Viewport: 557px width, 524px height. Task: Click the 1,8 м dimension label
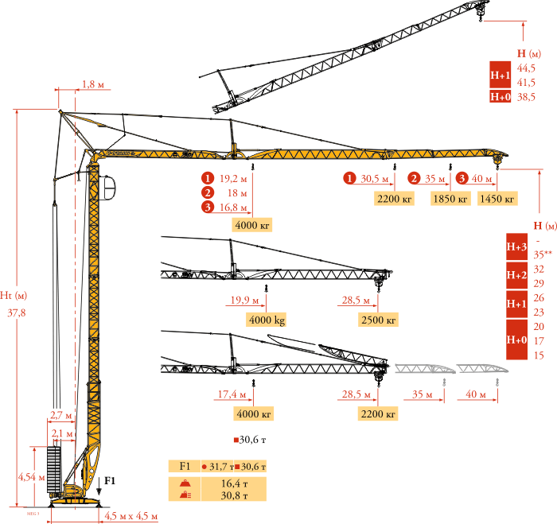(x=93, y=84)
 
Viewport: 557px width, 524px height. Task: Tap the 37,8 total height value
(x=17, y=312)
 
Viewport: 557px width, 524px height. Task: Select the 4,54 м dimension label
(x=32, y=477)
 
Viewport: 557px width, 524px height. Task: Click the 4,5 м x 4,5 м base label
(x=130, y=516)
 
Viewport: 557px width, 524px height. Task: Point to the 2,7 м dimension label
(x=61, y=415)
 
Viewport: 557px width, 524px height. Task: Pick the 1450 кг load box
(x=497, y=199)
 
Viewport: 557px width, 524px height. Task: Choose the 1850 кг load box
(x=450, y=199)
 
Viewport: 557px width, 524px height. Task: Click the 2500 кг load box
(x=378, y=320)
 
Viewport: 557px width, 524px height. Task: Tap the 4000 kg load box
(x=267, y=320)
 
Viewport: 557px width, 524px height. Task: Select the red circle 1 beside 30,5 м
(x=349, y=178)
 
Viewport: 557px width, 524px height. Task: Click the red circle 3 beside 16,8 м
(x=208, y=207)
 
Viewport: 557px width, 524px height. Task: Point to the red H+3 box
(x=516, y=246)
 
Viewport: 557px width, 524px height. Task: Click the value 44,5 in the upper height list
(x=526, y=68)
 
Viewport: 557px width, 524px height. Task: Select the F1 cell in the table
(x=185, y=466)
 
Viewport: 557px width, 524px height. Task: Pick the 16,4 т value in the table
(x=234, y=483)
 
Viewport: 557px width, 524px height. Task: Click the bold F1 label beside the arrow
(x=110, y=481)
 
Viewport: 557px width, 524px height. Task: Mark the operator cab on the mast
(x=107, y=188)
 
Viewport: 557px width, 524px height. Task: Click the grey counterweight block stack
(x=54, y=469)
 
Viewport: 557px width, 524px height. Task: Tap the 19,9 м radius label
(x=244, y=300)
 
